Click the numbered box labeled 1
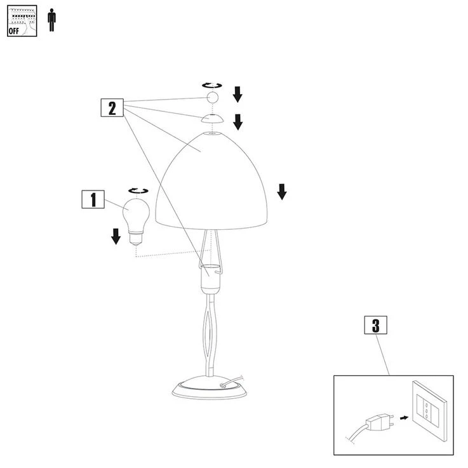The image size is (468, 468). [93, 199]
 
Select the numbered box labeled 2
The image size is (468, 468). [112, 107]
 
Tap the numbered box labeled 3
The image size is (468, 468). [376, 325]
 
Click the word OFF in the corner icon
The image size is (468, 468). [14, 30]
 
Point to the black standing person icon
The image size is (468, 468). [52, 20]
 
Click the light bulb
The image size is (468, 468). [136, 222]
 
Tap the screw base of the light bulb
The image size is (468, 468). [136, 239]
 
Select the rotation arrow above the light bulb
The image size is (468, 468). [138, 191]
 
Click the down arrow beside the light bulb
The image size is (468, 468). [116, 236]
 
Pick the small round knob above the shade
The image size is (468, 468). [213, 97]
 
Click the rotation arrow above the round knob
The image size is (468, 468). [212, 85]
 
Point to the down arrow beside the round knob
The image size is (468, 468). [237, 95]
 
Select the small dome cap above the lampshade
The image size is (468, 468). [212, 118]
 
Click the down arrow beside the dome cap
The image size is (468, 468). [238, 122]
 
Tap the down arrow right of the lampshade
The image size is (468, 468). [282, 192]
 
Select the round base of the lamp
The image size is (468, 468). [210, 388]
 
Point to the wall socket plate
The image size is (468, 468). [429, 411]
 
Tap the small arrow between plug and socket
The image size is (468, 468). [404, 418]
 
